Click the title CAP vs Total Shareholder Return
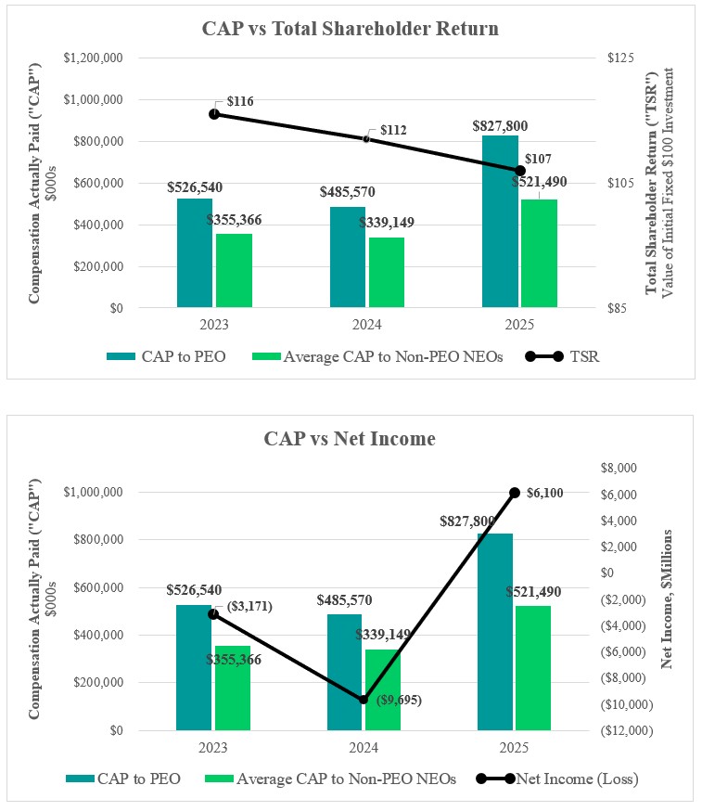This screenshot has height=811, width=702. (x=351, y=29)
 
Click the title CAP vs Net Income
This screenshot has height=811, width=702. (x=350, y=439)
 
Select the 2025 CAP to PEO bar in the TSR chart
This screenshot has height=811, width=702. (x=500, y=222)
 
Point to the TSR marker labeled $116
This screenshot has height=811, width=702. (x=214, y=113)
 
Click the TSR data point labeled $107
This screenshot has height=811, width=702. (x=519, y=171)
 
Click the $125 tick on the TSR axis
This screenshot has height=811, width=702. (x=620, y=58)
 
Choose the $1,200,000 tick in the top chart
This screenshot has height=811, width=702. (x=96, y=58)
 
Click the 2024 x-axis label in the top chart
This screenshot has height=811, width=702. (x=366, y=326)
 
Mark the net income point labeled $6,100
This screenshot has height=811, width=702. (x=514, y=493)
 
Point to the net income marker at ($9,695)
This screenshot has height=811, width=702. (x=364, y=700)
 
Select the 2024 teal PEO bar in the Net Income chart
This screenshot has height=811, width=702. (x=345, y=672)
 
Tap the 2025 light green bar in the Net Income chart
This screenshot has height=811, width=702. (x=532, y=668)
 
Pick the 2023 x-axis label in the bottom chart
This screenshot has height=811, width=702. (x=214, y=749)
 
